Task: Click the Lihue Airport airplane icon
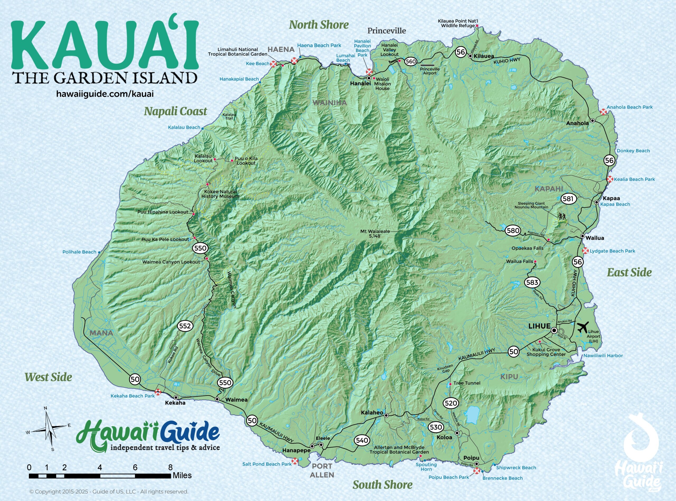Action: [x=582, y=327]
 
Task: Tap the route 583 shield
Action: [x=532, y=282]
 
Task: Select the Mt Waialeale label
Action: [x=375, y=233]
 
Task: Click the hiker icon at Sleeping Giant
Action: [x=562, y=216]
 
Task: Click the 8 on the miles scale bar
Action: [x=171, y=467]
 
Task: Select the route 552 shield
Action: [x=185, y=326]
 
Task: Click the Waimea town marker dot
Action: [x=217, y=399]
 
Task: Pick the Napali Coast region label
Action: [x=175, y=111]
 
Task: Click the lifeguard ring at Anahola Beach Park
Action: [x=604, y=112]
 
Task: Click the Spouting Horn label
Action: [x=426, y=467]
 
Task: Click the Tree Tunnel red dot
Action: [x=450, y=384]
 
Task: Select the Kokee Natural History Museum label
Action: [x=220, y=194]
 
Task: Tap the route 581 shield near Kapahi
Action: [x=568, y=199]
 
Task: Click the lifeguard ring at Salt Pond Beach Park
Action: [x=295, y=462]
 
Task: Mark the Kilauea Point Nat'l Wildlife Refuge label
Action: [x=456, y=23]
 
